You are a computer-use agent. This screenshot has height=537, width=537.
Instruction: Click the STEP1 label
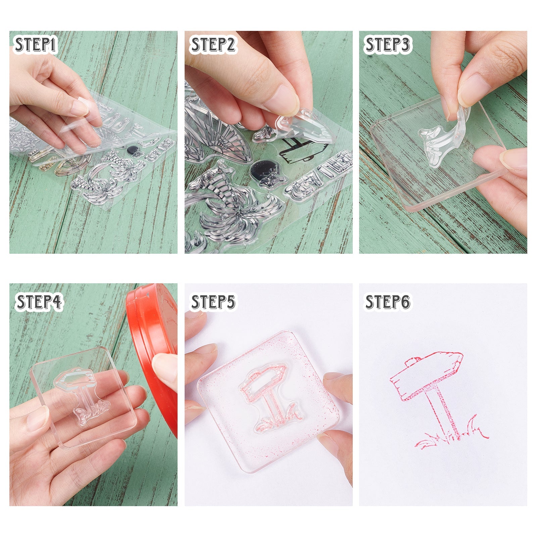click(x=35, y=45)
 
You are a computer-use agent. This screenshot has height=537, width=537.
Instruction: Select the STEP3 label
click(x=388, y=45)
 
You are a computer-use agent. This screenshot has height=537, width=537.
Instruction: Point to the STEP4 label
click(x=38, y=302)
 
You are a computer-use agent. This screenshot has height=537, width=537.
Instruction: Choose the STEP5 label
click(x=213, y=302)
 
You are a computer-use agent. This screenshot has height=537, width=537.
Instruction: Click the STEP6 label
click(x=388, y=302)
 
